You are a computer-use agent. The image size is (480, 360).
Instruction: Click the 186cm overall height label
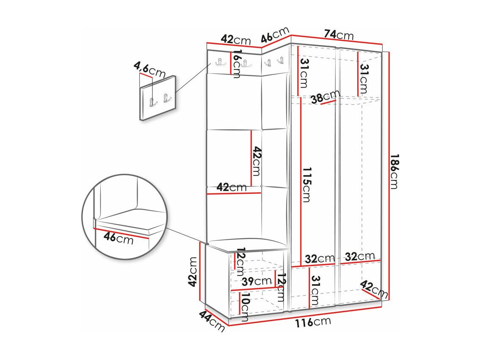pyautogui.click(x=394, y=172)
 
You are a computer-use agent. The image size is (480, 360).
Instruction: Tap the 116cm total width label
pyautogui.click(x=313, y=322)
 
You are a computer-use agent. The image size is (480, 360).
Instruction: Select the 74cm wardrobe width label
pyautogui.click(x=339, y=35)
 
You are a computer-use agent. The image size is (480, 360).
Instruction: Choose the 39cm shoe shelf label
pyautogui.click(x=257, y=281)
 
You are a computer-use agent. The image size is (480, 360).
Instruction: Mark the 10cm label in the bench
pyautogui.click(x=245, y=307)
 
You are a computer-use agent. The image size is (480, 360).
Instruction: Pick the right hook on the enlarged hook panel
pyautogui.click(x=166, y=98)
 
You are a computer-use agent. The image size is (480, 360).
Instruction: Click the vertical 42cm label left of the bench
pyautogui.click(x=193, y=272)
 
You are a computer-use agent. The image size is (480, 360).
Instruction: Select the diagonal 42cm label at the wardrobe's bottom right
pyautogui.click(x=374, y=289)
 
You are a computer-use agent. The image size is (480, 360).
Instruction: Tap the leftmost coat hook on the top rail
pyautogui.click(x=219, y=62)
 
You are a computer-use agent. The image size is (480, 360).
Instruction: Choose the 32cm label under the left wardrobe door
pyautogui.click(x=320, y=259)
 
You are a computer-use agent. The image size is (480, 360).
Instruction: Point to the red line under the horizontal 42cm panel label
pyautogui.click(x=234, y=193)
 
